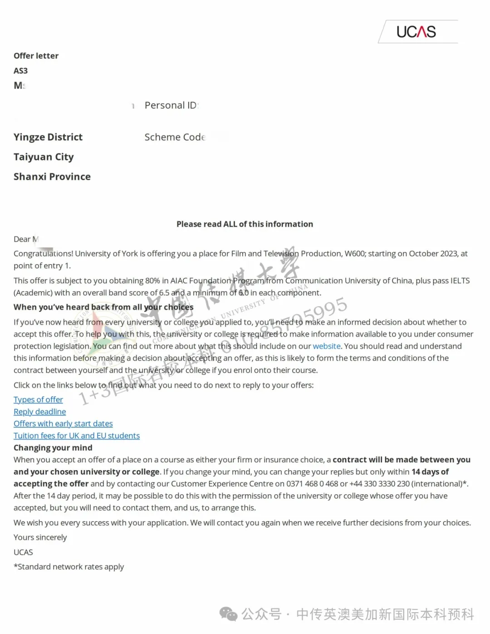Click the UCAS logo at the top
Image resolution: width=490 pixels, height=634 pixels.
(416, 32)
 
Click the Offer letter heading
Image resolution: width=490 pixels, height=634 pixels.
(36, 56)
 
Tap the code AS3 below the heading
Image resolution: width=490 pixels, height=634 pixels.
(20, 71)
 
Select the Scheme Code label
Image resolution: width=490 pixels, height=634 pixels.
(175, 137)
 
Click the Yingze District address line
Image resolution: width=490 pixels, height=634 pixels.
(48, 137)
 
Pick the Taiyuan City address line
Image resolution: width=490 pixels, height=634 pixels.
(44, 157)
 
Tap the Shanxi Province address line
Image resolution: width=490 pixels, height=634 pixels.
(52, 177)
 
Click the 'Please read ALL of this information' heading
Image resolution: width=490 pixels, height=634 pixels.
(245, 224)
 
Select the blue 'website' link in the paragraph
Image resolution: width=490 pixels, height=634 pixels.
(327, 346)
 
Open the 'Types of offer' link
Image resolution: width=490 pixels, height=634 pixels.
(38, 400)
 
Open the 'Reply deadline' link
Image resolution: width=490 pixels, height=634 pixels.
(39, 412)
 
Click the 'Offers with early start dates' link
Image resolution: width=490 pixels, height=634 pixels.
(63, 423)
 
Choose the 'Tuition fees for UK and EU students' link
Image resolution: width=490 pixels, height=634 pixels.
(77, 436)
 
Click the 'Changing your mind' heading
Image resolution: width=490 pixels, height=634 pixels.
(53, 448)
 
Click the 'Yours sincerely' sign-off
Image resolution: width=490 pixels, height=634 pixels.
(40, 537)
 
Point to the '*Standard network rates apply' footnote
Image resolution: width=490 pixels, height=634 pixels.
(69, 567)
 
